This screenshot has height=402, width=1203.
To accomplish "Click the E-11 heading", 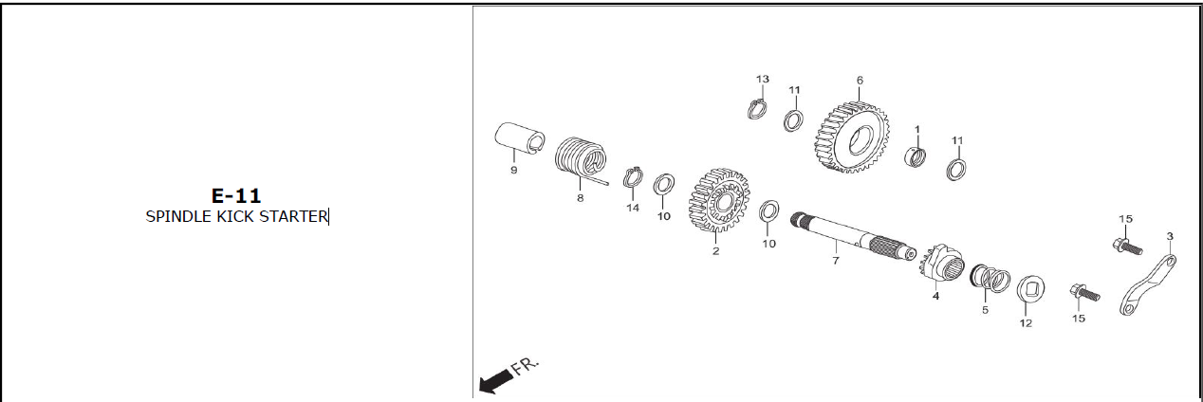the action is pos(236,196).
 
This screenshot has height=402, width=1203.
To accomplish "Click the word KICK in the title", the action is pos(236,216).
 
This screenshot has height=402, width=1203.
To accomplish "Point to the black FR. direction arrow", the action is pos(495,381).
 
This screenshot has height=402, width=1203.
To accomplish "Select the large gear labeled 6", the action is pos(853,137).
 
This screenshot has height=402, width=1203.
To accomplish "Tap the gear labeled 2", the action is pos(718,200).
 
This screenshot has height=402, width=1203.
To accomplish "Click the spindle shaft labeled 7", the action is pos(853,237).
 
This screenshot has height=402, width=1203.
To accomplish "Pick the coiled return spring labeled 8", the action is pos(581,158).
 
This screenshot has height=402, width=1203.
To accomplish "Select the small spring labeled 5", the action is pos(990,279).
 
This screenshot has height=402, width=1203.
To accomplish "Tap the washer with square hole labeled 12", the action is pos(1030,289).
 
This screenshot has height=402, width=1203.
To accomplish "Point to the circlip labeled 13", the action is pos(757,108).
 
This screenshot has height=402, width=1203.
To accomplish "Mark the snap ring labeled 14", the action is pos(633,177).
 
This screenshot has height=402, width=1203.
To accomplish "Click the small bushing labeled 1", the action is pos(915,156).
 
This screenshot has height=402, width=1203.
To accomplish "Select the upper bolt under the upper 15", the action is pos(1127,247).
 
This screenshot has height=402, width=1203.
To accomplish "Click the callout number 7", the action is pos(836,261).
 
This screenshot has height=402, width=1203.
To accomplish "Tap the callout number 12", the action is pos(1026,323).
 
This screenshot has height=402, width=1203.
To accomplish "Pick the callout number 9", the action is pos(514,170).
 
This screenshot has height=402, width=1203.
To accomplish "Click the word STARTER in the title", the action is pos(294,216).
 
